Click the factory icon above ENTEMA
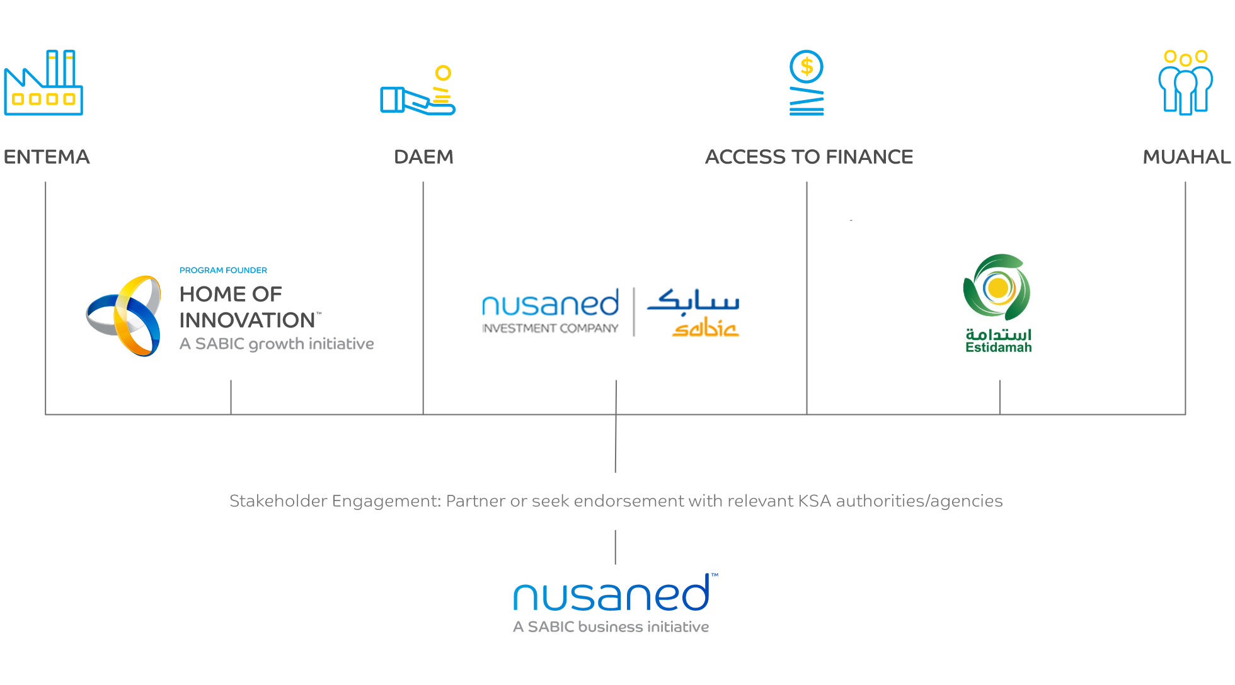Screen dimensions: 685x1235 pyautogui.click(x=43, y=83)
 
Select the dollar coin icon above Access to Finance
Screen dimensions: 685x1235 pyautogui.click(x=807, y=82)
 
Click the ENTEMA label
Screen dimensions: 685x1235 pyautogui.click(x=47, y=157)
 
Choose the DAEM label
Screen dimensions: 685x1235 pyautogui.click(x=423, y=157)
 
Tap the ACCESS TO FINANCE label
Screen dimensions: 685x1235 pyautogui.click(x=809, y=157)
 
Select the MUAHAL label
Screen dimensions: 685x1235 pyautogui.click(x=1186, y=157)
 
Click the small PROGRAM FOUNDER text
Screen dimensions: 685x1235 pyautogui.click(x=223, y=270)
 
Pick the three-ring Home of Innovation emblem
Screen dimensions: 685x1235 pyautogui.click(x=124, y=315)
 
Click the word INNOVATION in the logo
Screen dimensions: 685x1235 pyautogui.click(x=247, y=320)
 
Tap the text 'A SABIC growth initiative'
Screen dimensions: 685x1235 pyautogui.click(x=277, y=344)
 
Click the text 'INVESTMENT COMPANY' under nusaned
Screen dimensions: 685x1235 pyautogui.click(x=550, y=328)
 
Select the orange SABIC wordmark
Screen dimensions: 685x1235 pyautogui.click(x=705, y=328)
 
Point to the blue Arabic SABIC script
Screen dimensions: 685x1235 pyautogui.click(x=693, y=301)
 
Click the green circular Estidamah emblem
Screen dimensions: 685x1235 pyautogui.click(x=997, y=288)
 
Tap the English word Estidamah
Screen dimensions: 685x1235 pyautogui.click(x=999, y=348)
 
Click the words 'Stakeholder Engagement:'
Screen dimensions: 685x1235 pyautogui.click(x=335, y=501)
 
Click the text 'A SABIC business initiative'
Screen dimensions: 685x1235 pyautogui.click(x=611, y=627)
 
